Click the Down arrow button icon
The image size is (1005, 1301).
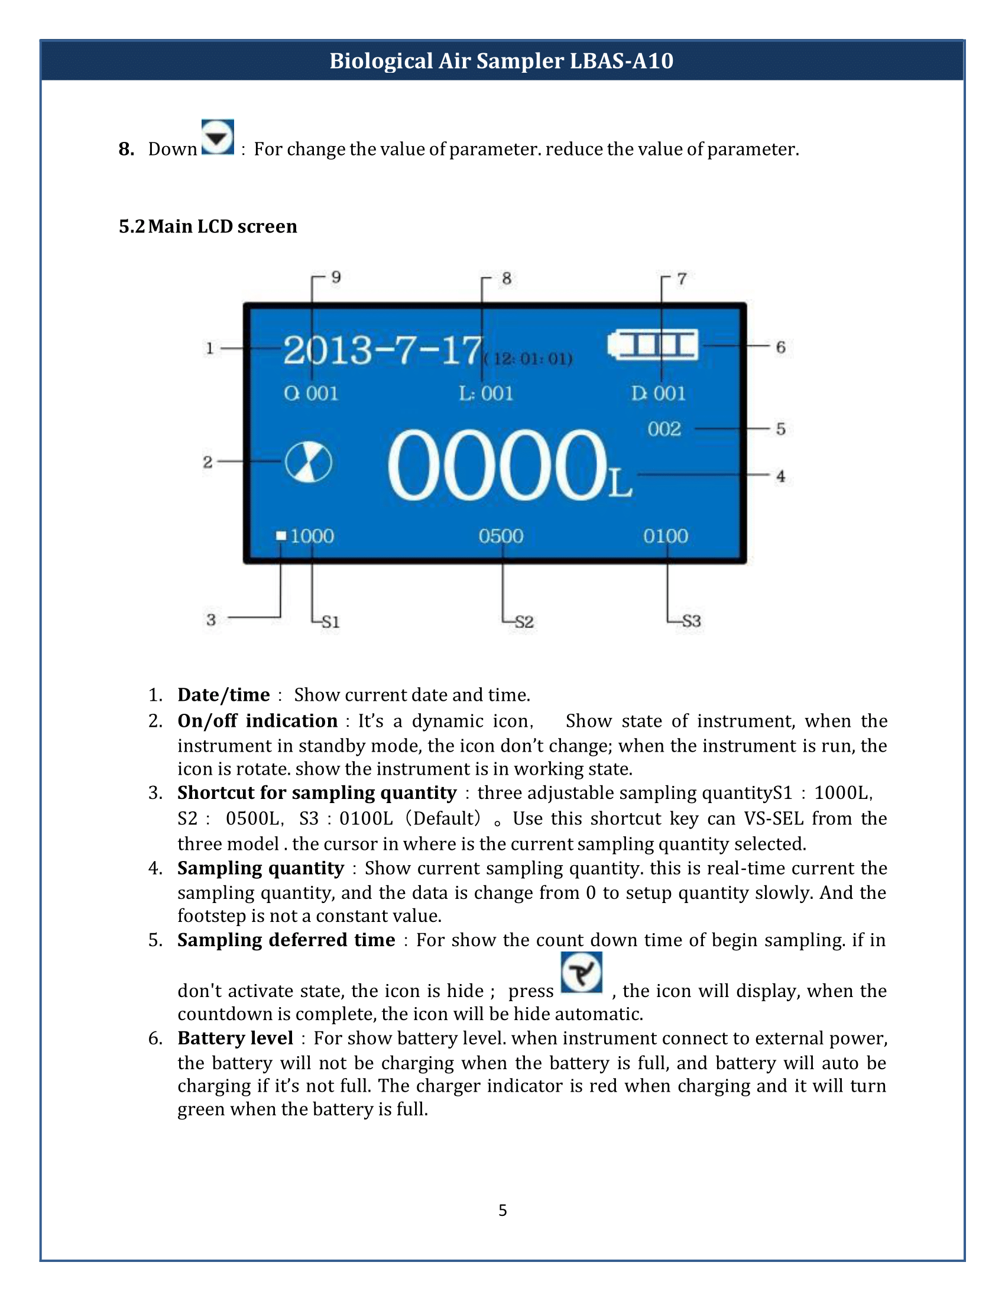[x=218, y=137]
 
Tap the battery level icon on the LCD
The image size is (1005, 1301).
[x=653, y=345]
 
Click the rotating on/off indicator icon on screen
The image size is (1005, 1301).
[x=309, y=462]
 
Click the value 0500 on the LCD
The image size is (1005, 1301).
[x=501, y=536]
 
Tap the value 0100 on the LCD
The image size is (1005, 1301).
[x=665, y=536]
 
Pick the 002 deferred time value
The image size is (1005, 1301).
[x=664, y=429]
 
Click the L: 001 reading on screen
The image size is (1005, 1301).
[x=486, y=393]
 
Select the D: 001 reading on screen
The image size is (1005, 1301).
[x=659, y=393]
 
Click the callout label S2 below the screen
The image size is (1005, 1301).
[x=524, y=622]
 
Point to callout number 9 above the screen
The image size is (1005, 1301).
[x=336, y=277]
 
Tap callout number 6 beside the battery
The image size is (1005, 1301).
[x=780, y=347]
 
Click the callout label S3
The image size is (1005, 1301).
[x=691, y=622]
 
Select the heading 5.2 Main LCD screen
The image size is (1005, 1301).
[x=208, y=226]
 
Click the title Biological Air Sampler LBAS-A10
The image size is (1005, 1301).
[x=501, y=61]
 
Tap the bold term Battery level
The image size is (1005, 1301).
[x=235, y=1038]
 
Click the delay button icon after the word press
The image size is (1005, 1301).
[x=581, y=973]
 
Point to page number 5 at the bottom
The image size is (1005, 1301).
[x=502, y=1210]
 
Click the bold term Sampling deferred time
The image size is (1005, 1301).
[x=286, y=940]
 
